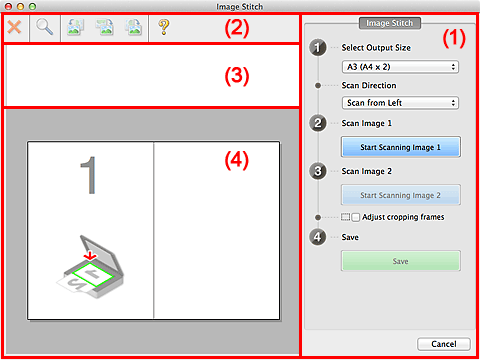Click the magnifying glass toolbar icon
click(x=45, y=29)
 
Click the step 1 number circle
click(x=319, y=47)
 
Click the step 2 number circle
click(x=319, y=124)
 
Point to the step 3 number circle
click(x=319, y=171)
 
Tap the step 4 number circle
click(x=319, y=238)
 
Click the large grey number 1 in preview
click(x=90, y=175)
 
